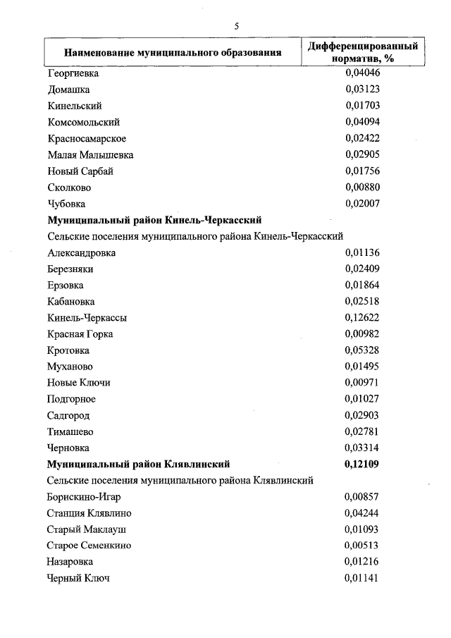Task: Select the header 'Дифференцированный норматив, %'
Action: pyautogui.click(x=364, y=52)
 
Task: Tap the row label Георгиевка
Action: pyautogui.click(x=73, y=73)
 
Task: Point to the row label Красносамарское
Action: pyautogui.click(x=87, y=138)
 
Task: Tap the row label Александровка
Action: pyautogui.click(x=82, y=252)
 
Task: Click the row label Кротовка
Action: pyautogui.click(x=68, y=350)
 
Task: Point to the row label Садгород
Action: pyautogui.click(x=68, y=415)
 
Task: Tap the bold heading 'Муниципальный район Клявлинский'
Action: pyautogui.click(x=138, y=464)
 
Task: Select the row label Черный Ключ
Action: pyautogui.click(x=79, y=578)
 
